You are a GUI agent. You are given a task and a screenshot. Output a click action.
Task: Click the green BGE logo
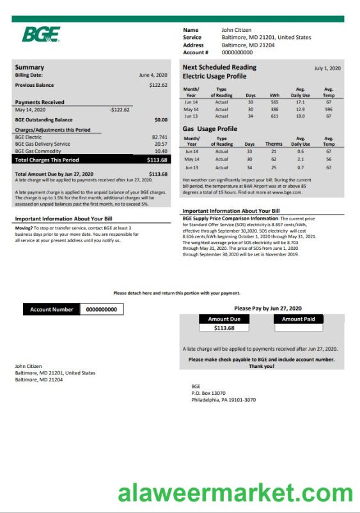41,34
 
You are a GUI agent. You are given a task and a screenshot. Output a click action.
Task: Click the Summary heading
29,67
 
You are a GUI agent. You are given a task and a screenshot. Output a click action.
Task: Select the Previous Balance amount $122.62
158,85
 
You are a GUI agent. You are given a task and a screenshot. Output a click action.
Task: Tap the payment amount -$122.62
120,109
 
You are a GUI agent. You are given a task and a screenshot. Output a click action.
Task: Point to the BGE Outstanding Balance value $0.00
160,119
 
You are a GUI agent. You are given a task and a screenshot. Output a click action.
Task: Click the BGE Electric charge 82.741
159,137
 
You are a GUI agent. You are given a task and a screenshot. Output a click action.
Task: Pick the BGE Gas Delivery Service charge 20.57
160,144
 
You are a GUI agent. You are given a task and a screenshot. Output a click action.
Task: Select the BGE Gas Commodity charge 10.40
161,151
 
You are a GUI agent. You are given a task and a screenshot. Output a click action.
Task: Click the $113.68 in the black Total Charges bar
157,160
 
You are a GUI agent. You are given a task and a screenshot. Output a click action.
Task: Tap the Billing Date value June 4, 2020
153,75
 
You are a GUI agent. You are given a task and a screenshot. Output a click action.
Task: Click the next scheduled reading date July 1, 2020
327,68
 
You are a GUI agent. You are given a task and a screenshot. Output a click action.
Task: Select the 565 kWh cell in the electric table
274,102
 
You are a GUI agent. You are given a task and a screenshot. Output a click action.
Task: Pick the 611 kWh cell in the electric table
274,116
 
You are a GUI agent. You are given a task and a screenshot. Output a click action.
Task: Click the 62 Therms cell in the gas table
273,159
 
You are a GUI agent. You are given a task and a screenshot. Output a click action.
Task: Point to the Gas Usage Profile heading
210,128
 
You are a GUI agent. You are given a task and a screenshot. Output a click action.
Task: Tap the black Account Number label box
52,309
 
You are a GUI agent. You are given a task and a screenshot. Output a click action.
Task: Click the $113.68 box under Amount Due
224,328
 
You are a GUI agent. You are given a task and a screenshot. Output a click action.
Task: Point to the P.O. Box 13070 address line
208,393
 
